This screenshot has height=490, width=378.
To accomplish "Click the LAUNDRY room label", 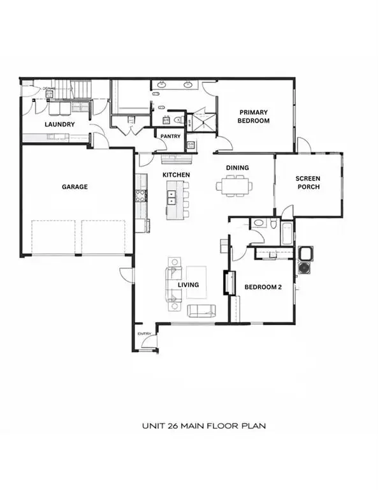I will (61, 124).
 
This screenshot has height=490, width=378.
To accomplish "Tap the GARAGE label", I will (75, 187).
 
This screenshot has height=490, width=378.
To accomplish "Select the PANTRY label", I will (170, 136).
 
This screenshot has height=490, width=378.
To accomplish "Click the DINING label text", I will (237, 168).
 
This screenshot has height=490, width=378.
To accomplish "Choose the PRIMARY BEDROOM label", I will (253, 116).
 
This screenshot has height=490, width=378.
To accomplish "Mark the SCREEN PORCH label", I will (307, 182).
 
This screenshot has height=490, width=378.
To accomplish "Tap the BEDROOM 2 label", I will (263, 286).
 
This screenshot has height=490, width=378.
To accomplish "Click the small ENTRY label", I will (143, 334).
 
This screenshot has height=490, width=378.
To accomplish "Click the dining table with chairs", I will (234, 186).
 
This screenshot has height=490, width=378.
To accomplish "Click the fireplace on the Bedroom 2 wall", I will (225, 282).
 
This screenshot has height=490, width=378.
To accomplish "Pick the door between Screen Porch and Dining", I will (287, 211).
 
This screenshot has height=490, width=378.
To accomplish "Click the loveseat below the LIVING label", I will (201, 310).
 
